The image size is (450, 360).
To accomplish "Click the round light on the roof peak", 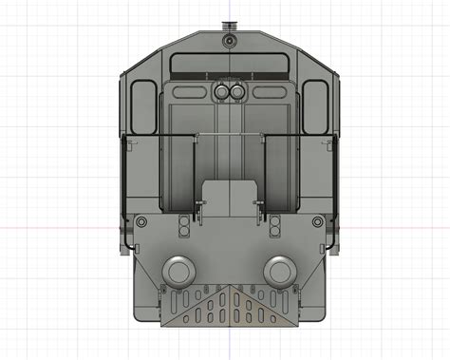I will (x=228, y=43).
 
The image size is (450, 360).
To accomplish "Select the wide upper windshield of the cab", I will (x=228, y=66).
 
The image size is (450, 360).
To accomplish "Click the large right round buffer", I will (x=279, y=271).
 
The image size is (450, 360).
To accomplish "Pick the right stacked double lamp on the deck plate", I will (x=275, y=226).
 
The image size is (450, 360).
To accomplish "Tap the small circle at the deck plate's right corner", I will (x=315, y=223).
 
